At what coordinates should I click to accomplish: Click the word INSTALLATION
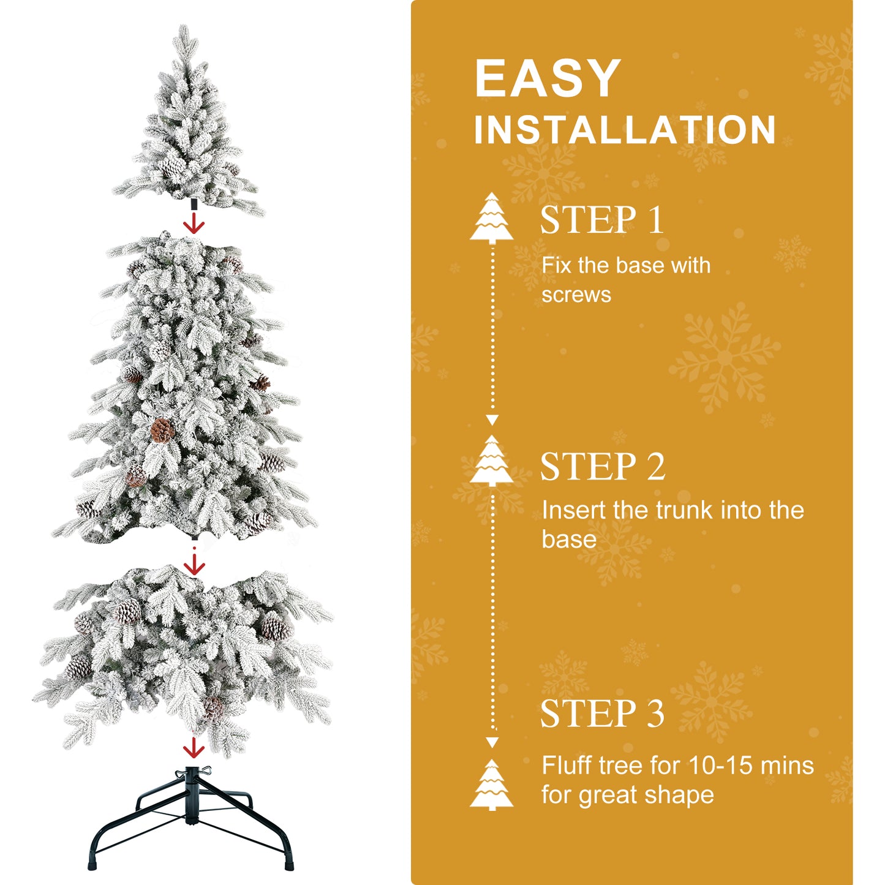(625, 130)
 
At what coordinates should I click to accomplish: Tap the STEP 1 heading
(602, 220)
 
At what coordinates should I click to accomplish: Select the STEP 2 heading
(603, 467)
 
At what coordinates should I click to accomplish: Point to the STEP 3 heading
(602, 714)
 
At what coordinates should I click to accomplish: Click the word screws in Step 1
(576, 295)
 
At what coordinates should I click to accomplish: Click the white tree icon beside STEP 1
(492, 218)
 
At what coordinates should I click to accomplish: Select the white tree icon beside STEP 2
(492, 461)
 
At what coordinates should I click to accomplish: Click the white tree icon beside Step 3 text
(492, 785)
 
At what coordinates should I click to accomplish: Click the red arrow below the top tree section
(194, 224)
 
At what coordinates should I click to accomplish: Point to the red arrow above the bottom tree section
(194, 563)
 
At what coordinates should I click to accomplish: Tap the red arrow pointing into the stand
(194, 747)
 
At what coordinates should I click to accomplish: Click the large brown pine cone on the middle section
(161, 430)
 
